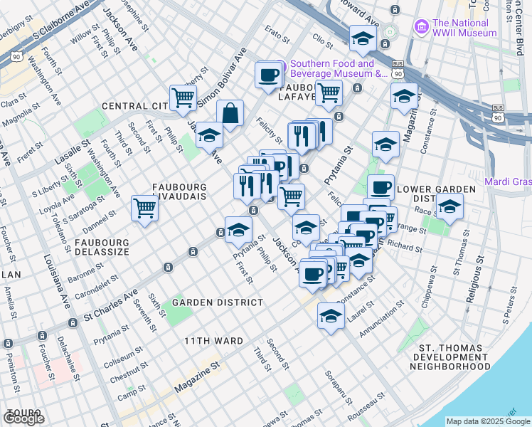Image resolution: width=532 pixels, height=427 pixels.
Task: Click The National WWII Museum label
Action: pyautogui.click(x=464, y=28)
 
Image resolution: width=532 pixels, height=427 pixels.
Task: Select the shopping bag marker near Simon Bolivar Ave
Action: pyautogui.click(x=230, y=113)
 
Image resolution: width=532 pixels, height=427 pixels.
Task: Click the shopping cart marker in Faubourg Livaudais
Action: pyautogui.click(x=144, y=209)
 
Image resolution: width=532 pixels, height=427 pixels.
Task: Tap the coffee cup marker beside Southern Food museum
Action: pyautogui.click(x=268, y=75)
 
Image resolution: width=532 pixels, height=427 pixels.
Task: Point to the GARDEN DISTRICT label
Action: pyautogui.click(x=207, y=302)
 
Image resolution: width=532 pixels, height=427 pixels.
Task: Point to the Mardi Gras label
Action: pyautogui.click(x=508, y=181)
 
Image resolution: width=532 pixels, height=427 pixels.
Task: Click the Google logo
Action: pyautogui.click(x=23, y=418)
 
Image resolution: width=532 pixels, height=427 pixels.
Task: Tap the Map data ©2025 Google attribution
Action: pyautogui.click(x=488, y=421)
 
